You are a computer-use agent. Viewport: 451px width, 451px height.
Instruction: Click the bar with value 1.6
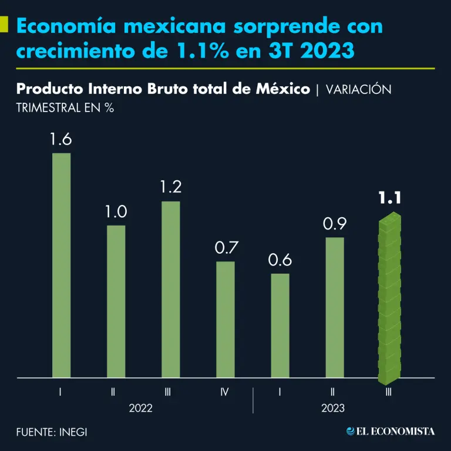(x=61, y=265)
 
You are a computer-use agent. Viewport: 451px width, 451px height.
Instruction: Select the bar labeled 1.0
(x=116, y=301)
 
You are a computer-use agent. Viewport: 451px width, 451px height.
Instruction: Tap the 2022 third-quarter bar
(x=171, y=290)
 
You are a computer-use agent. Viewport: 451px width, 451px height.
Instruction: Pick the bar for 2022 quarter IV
(x=225, y=319)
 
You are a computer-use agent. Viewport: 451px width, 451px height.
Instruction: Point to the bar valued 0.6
(x=280, y=325)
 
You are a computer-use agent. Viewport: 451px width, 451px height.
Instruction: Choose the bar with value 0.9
(x=335, y=307)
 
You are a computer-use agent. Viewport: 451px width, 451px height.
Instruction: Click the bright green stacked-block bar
(x=389, y=298)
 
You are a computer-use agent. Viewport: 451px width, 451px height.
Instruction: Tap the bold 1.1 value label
(x=389, y=199)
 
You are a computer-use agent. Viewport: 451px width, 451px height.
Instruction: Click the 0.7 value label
(x=225, y=247)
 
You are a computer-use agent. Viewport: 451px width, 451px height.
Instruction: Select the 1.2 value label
(x=171, y=187)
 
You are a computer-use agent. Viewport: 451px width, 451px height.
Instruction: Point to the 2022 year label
(x=140, y=408)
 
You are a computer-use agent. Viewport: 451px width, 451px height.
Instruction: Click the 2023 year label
(x=333, y=408)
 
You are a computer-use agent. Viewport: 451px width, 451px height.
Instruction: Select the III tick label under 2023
(x=388, y=391)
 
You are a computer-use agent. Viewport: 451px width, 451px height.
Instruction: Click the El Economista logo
(x=391, y=432)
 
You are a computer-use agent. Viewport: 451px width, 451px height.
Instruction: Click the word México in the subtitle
(x=281, y=89)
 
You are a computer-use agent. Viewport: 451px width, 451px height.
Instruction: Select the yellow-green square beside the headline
(x=4, y=25)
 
